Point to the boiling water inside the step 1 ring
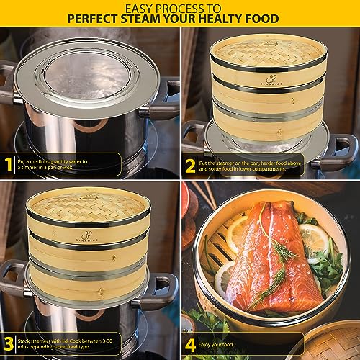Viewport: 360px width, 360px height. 89,69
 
